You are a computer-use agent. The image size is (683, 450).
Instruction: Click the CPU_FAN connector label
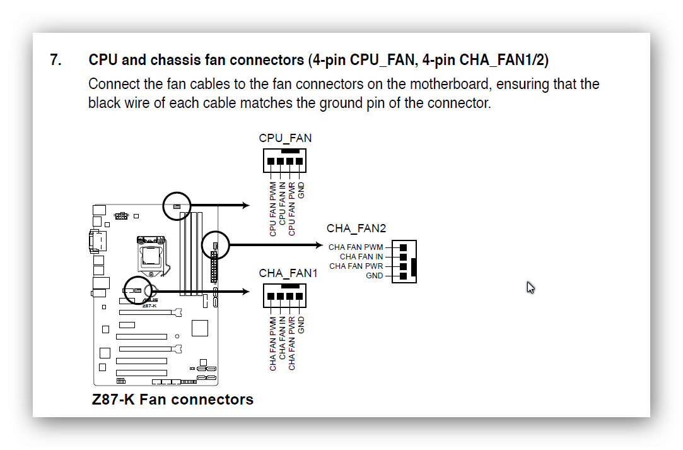(x=285, y=138)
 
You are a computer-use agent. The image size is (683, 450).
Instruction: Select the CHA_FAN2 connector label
(x=356, y=228)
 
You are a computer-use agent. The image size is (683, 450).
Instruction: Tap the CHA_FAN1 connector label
(x=288, y=273)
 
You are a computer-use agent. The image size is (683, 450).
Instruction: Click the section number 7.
(x=55, y=60)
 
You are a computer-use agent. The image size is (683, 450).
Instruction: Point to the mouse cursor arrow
(x=530, y=287)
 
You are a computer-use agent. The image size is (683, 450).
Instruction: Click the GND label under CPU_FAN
(x=301, y=191)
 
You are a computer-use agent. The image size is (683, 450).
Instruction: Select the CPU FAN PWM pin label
(x=272, y=210)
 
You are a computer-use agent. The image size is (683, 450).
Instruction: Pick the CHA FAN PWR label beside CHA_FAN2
(x=356, y=266)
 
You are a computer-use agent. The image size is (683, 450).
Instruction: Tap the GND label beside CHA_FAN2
(x=374, y=276)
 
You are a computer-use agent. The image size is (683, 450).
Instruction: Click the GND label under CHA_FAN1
(x=301, y=325)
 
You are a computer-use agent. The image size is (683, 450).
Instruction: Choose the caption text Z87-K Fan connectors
(x=173, y=400)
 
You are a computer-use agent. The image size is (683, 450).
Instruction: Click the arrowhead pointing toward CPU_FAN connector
(x=246, y=205)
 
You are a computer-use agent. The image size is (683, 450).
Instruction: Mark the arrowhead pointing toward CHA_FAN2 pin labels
(x=319, y=245)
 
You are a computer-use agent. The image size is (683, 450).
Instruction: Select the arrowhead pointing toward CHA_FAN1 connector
(x=246, y=292)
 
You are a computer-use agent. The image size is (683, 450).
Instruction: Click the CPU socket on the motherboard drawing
(x=151, y=255)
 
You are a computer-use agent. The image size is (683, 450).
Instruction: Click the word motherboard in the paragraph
(x=450, y=84)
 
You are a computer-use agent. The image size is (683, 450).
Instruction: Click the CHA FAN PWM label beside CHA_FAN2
(x=356, y=247)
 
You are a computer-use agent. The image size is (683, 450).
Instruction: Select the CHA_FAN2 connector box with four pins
(x=404, y=262)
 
